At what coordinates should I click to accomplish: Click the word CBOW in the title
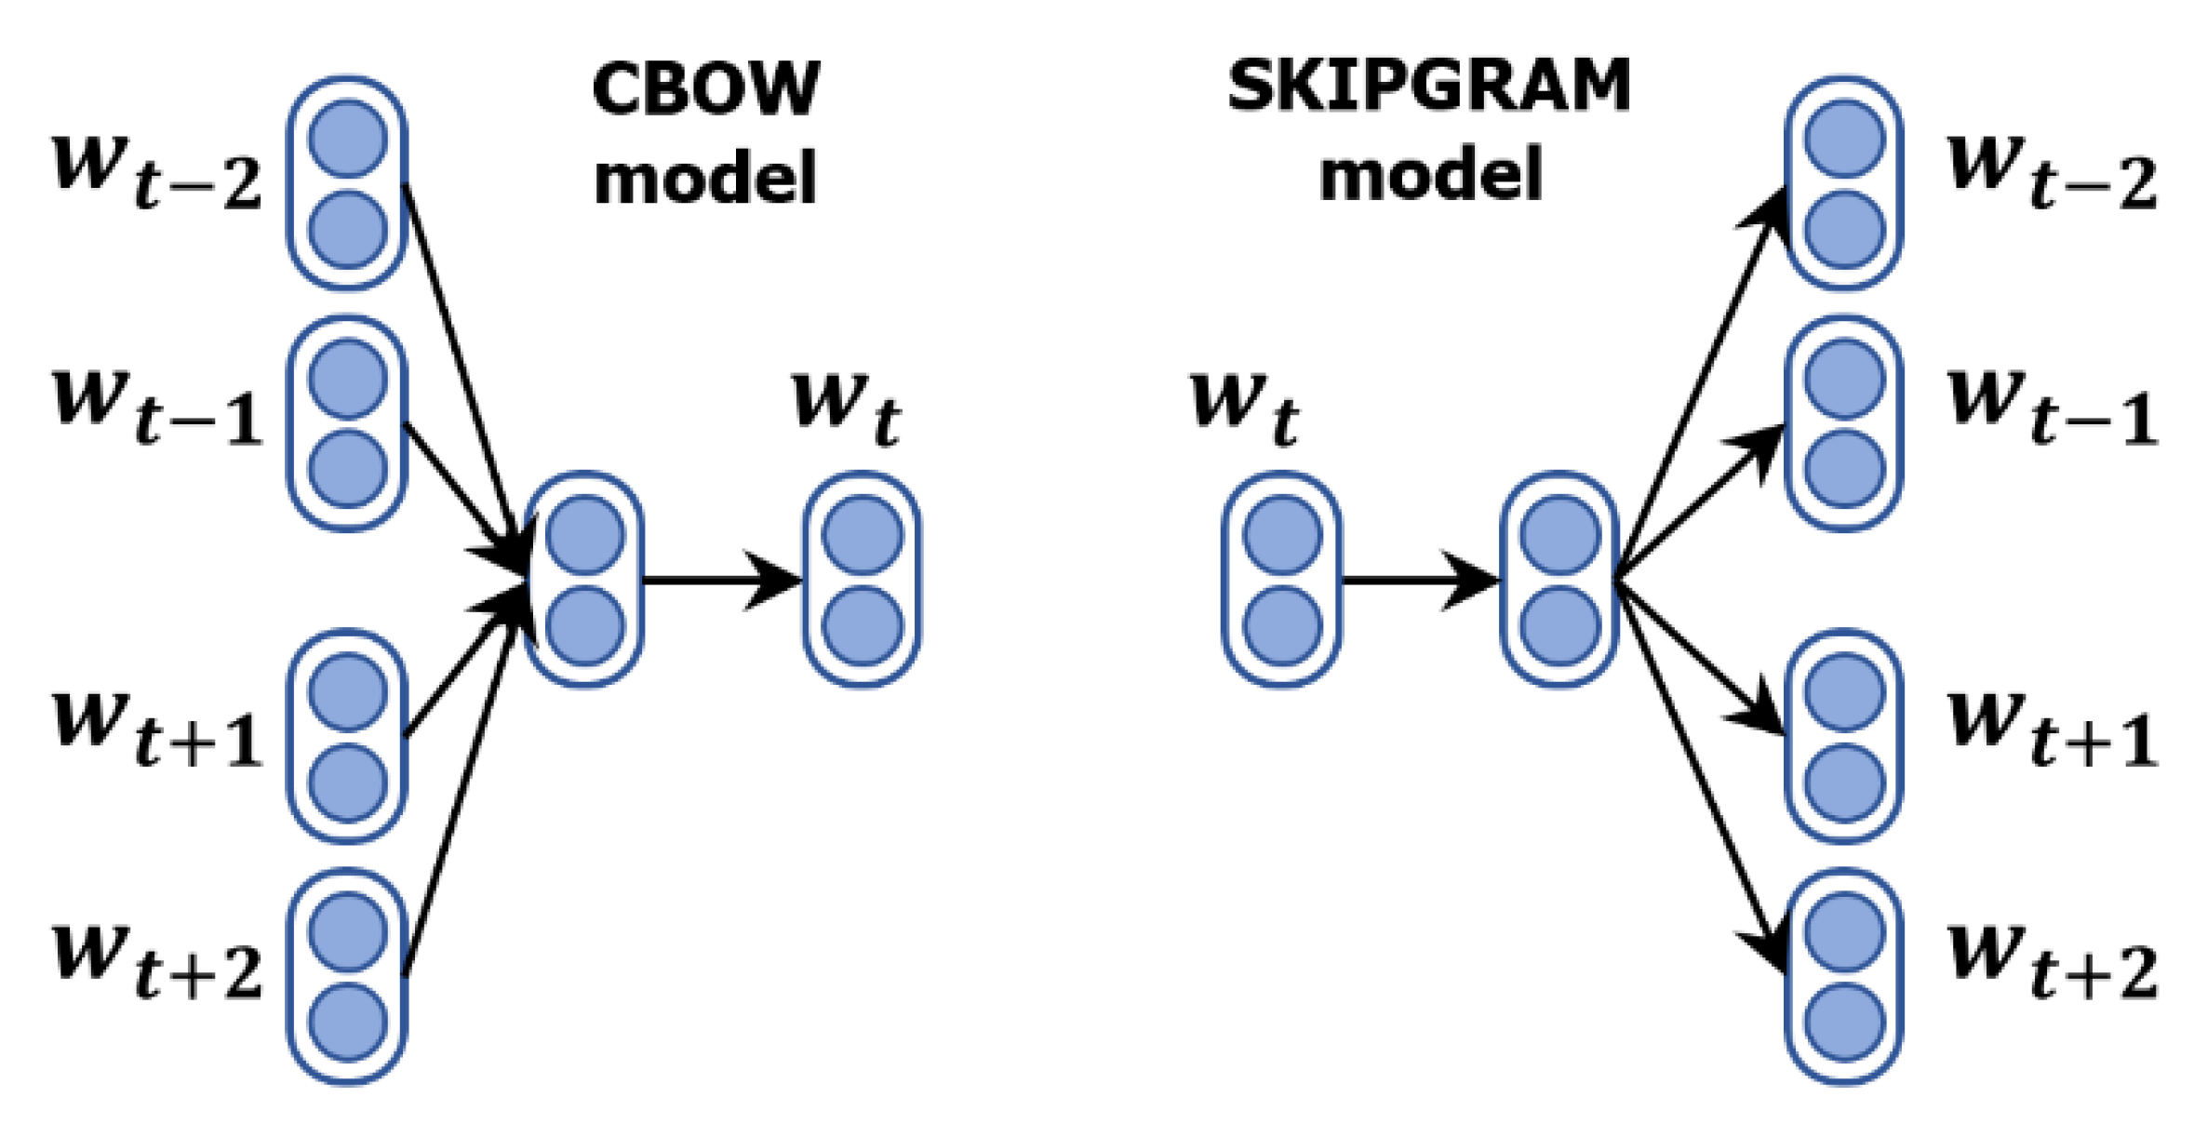(x=705, y=89)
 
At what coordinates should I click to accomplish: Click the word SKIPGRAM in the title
(x=1428, y=86)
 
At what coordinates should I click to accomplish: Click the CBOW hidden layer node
(x=584, y=580)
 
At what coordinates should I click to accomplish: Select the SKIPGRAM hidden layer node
(x=1559, y=580)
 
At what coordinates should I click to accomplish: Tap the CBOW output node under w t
(x=862, y=580)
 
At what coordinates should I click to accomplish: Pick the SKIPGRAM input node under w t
(x=1281, y=580)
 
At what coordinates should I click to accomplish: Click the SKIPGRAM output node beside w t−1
(x=1843, y=423)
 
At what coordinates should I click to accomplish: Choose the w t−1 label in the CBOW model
(x=156, y=409)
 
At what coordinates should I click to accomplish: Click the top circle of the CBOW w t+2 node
(x=347, y=931)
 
